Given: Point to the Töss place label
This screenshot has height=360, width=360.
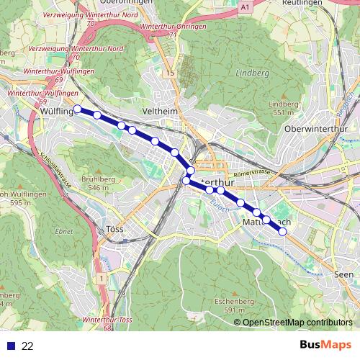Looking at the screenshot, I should [x=114, y=229].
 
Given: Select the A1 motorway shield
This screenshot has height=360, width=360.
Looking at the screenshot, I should [x=246, y=6].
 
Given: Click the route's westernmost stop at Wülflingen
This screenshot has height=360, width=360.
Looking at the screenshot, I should [x=78, y=109].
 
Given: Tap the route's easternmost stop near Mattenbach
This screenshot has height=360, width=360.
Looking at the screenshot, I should [x=282, y=232].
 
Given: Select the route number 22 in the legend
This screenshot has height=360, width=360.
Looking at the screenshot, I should [x=27, y=346].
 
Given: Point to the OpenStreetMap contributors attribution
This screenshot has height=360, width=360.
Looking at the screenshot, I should [x=298, y=322].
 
